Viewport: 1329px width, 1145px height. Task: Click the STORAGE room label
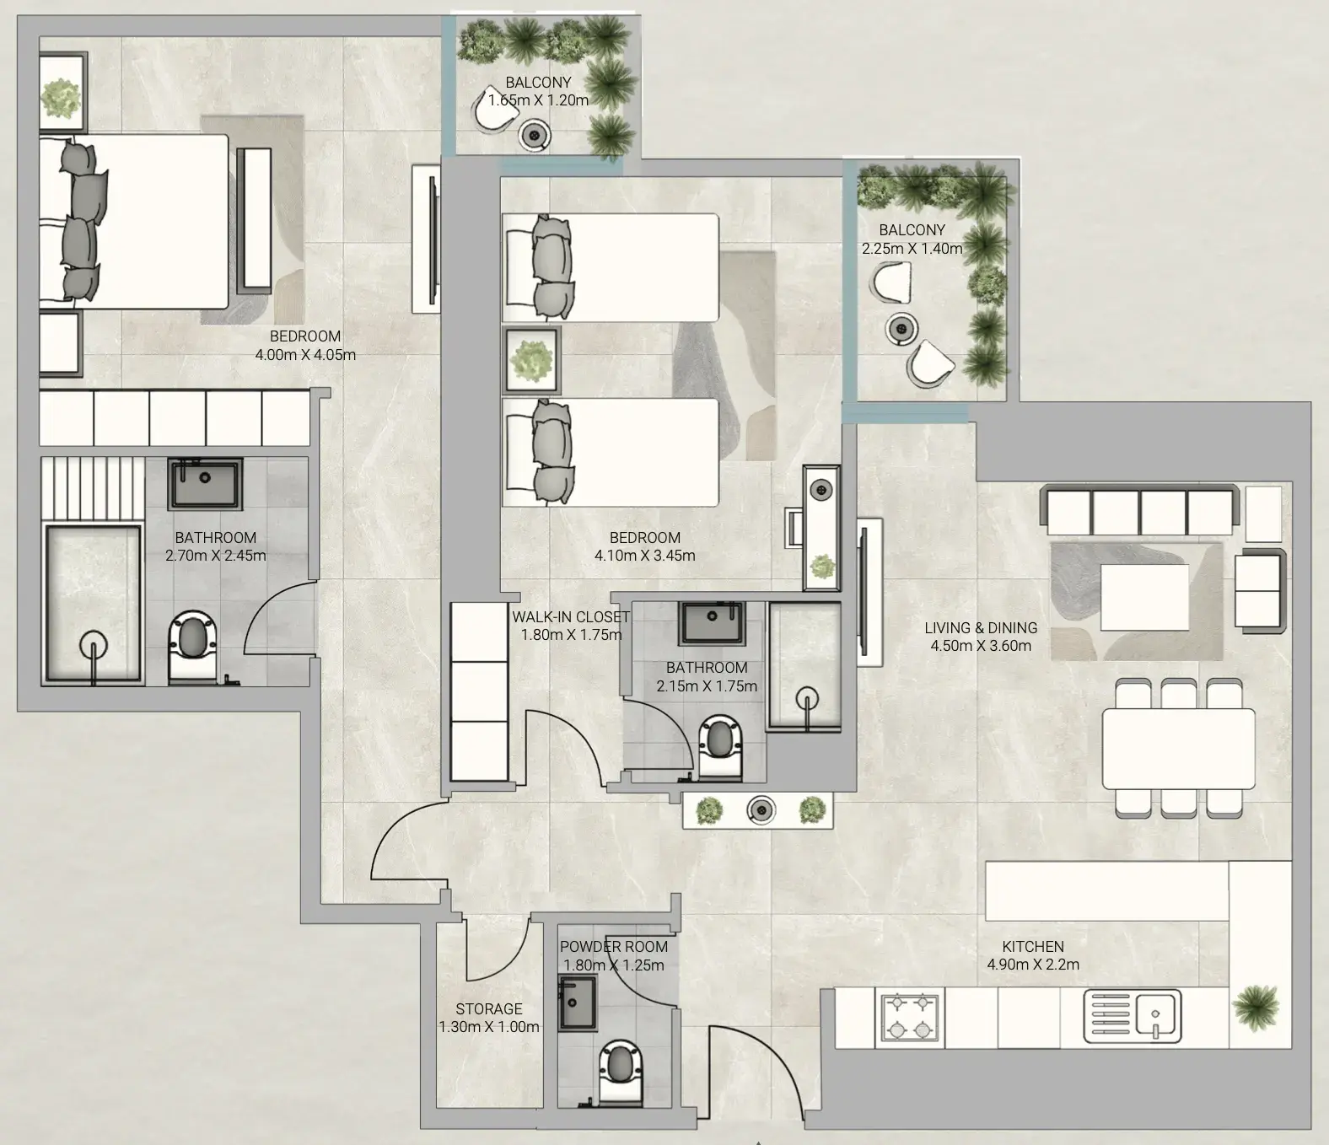(488, 1008)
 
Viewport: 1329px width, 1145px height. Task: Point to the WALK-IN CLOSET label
(570, 617)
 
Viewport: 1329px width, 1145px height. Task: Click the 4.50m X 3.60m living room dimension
(981, 646)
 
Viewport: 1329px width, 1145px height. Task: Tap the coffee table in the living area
(1143, 597)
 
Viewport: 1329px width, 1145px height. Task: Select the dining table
(1178, 749)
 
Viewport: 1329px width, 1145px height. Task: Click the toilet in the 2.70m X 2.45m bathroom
(192, 646)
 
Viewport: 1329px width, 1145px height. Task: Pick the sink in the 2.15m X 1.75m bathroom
(712, 622)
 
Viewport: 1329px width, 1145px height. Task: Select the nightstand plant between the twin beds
(530, 360)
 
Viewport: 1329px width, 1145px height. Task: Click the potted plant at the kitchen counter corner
(1255, 1007)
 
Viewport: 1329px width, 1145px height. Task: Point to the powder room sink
(577, 1003)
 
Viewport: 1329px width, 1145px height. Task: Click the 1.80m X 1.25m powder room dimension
(613, 965)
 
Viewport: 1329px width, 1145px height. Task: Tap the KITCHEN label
(1033, 946)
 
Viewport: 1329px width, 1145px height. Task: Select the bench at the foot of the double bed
(254, 218)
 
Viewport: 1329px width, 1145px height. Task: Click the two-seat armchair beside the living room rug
(1260, 591)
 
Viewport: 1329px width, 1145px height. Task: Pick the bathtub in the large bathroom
(93, 605)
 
